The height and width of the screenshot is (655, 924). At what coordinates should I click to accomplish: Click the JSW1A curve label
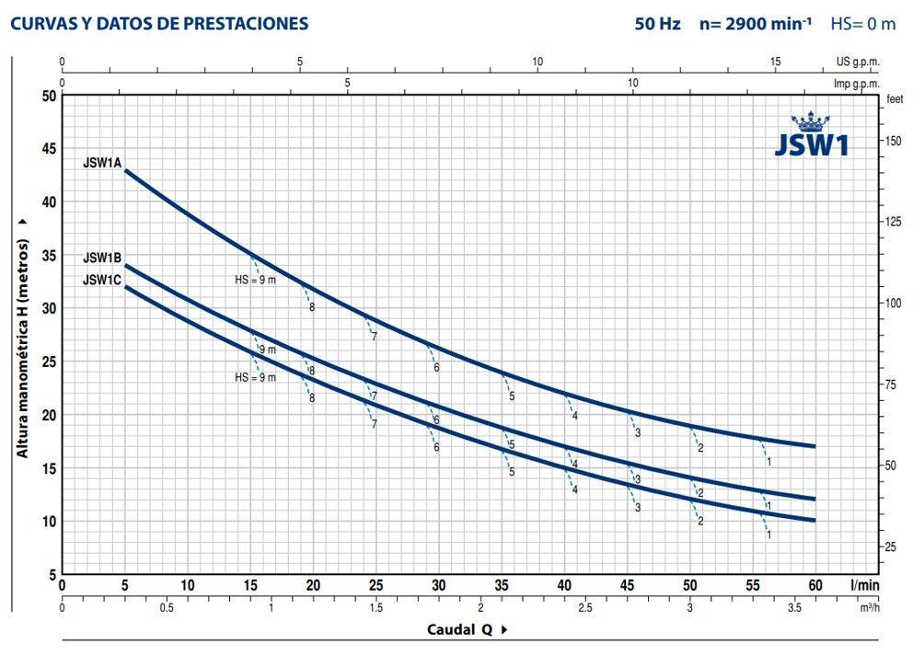tap(102, 163)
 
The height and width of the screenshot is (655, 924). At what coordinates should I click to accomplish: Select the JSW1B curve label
tap(102, 259)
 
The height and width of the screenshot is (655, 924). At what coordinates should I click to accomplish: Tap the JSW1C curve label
tap(102, 281)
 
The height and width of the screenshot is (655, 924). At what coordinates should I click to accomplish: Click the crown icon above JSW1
tap(811, 122)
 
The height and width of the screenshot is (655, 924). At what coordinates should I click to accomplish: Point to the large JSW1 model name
tap(811, 146)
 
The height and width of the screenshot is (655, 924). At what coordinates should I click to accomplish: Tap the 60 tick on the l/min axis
tap(814, 585)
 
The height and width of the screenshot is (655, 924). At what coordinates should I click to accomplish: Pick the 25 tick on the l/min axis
tap(375, 585)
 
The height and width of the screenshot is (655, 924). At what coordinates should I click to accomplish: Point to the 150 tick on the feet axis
tap(893, 142)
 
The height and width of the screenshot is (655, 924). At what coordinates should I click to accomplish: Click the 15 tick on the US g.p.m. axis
tap(776, 63)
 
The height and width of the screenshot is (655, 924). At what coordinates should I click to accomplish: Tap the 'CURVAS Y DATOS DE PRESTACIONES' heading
tap(159, 24)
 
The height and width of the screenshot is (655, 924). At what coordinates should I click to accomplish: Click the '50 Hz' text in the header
tap(657, 24)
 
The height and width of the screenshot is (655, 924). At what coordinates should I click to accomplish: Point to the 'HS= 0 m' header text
tap(862, 24)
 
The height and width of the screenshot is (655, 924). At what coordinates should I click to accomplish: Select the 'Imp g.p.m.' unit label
tap(857, 84)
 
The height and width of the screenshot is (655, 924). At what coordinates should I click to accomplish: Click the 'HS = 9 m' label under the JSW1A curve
tap(255, 280)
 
